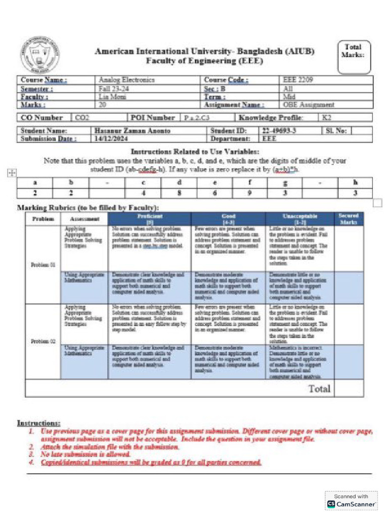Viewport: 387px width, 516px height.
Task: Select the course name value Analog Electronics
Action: (120, 80)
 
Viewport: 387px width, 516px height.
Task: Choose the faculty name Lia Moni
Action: (110, 96)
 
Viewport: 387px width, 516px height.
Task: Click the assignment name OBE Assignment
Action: (308, 105)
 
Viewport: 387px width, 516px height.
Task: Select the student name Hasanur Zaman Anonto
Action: (133, 131)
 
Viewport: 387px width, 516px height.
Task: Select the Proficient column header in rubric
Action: (150, 218)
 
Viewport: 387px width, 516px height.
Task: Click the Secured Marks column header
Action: (348, 218)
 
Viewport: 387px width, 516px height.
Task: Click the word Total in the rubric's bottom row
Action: (319, 389)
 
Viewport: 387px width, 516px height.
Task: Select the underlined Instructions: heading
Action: (39, 423)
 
